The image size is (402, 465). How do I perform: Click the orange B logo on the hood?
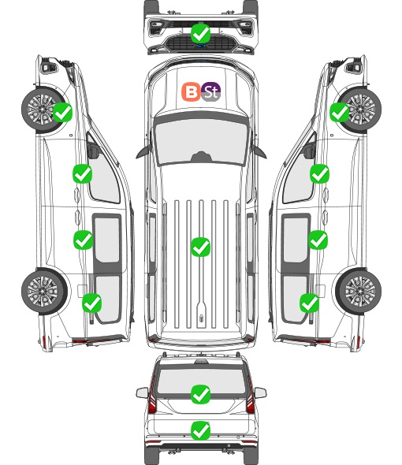[191, 91]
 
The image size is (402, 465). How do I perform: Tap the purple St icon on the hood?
[211, 91]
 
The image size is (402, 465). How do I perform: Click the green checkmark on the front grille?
[201, 33]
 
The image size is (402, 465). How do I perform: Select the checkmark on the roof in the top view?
[201, 247]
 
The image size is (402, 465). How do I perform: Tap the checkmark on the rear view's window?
[201, 394]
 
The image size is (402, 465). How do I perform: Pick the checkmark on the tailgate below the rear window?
[201, 430]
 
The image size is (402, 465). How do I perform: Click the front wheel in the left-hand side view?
[43, 110]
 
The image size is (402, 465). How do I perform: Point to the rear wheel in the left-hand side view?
[44, 292]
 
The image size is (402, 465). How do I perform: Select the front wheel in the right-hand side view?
[359, 110]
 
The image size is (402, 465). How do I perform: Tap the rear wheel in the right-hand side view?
[359, 292]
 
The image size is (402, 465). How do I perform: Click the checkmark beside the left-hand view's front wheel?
[62, 112]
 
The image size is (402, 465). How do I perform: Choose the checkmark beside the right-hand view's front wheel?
[340, 112]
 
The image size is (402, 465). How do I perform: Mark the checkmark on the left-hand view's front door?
[83, 173]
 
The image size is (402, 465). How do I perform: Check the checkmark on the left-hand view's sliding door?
[83, 240]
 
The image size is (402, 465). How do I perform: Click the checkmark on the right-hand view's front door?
[319, 173]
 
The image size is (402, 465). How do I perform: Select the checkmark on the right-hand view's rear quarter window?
[310, 303]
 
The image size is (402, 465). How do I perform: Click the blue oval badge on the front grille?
[201, 46]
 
